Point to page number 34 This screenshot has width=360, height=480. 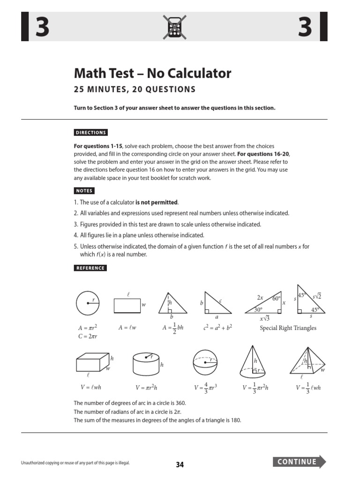tap(180, 465)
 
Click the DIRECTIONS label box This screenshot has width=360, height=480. tap(91, 133)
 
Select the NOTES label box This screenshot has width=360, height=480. tap(84, 191)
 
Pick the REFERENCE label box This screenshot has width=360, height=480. tap(90, 268)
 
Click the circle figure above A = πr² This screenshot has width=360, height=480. tap(88, 304)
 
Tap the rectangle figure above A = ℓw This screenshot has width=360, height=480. tap(127, 305)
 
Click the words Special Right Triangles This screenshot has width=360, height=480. tap(288, 328)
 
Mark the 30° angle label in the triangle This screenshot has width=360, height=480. tap(258, 310)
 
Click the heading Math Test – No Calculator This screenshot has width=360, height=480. tap(152, 73)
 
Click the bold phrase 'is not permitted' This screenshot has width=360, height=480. tap(157, 202)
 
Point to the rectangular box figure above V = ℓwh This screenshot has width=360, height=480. tap(92, 363)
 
